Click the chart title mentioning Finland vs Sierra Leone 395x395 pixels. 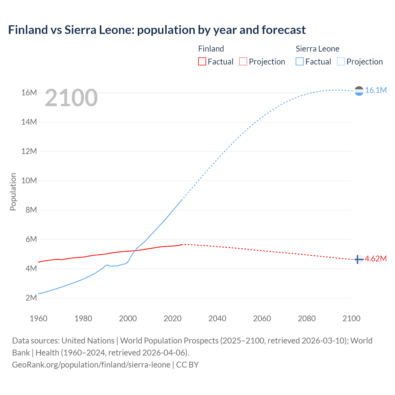157,30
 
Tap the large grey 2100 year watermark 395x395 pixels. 71,98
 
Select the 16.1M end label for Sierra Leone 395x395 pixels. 376,90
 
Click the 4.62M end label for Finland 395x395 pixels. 376,259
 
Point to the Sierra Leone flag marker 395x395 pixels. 359,91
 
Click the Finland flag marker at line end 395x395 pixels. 358,260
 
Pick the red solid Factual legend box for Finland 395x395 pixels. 202,62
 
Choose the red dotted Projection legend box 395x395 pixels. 243,62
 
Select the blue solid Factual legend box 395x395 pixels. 299,62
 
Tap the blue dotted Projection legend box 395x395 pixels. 341,62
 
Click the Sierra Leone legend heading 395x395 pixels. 317,49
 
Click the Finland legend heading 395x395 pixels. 211,49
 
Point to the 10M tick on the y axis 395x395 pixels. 29,181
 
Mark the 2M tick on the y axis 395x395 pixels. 31,298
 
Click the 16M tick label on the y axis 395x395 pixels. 29,93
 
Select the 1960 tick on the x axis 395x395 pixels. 39,318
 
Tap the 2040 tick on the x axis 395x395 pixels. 217,318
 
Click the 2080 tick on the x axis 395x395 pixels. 307,318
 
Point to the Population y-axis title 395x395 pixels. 13,192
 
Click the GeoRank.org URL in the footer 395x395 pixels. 91,365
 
